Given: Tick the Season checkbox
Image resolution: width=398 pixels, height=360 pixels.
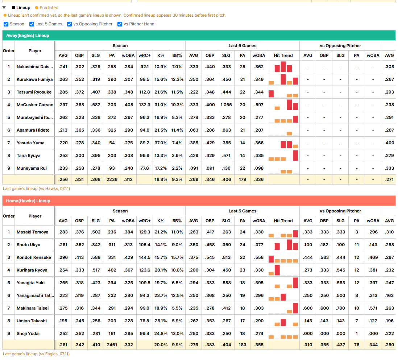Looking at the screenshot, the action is tap(6, 24).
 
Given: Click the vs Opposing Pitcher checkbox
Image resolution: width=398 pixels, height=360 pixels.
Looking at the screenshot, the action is tap(69, 24).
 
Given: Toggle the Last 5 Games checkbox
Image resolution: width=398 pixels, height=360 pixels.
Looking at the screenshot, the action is tap(32, 24).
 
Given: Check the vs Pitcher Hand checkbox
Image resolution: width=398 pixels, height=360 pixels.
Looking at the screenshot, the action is tap(120, 24).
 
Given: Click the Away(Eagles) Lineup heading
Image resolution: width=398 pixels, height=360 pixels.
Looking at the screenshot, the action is tap(28, 36).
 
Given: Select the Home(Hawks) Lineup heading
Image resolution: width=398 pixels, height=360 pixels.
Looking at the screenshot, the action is tap(28, 201).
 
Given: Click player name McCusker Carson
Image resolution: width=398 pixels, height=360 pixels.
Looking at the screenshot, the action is tap(35, 105).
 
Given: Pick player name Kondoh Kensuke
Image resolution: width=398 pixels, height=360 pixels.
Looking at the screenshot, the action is tap(34, 257).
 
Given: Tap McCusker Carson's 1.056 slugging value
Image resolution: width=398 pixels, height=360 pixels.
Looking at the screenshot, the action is tap(226, 105).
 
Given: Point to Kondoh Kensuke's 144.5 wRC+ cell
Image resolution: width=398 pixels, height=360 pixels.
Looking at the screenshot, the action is tap(144, 257).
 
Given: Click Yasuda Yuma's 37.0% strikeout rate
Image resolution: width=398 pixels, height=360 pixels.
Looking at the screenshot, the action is tap(161, 143).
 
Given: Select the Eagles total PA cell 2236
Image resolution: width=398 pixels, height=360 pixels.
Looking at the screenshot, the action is tap(112, 179).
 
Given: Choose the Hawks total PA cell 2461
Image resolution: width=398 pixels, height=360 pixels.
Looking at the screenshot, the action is tap(112, 345).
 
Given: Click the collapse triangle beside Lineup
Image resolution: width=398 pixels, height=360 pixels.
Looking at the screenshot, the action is tap(4, 8).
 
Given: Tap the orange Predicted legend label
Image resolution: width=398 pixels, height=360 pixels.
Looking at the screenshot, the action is tap(49, 8).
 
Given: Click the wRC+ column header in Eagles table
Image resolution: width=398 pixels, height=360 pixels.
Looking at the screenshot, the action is tap(144, 55).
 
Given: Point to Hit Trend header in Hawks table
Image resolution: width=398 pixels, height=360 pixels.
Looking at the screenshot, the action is tap(283, 221).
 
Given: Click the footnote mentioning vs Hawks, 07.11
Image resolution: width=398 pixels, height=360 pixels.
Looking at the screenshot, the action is tap(36, 189).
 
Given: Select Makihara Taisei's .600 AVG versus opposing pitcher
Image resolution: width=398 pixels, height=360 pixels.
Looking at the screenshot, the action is tap(308, 308).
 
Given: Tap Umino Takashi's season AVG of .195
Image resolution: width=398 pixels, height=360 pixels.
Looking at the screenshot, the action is tap(63, 321).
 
